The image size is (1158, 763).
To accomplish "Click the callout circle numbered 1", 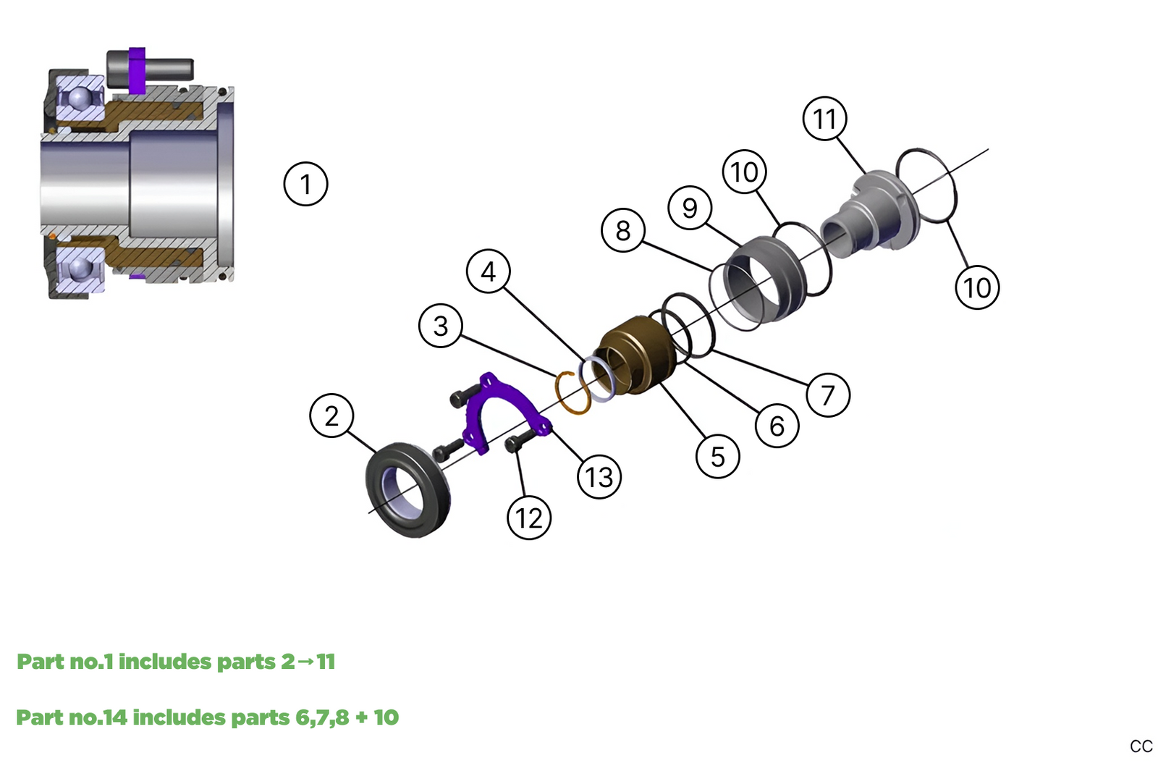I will (x=305, y=184).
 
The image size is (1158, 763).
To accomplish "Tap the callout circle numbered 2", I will (x=331, y=416).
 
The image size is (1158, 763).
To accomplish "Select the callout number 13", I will (x=599, y=477).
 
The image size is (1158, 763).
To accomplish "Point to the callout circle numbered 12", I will (x=529, y=518).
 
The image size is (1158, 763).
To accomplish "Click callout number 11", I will (x=824, y=119).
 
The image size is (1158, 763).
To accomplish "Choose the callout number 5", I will (x=717, y=456).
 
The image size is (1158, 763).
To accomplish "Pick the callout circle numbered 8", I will (x=622, y=230).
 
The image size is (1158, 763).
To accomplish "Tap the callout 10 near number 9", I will (x=744, y=172).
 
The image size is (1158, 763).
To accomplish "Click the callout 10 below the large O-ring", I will (x=977, y=287).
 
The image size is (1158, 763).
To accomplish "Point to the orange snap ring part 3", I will (x=572, y=393).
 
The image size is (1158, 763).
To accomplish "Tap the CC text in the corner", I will (x=1141, y=746).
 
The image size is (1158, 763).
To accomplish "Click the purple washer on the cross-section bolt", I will (x=137, y=70).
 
